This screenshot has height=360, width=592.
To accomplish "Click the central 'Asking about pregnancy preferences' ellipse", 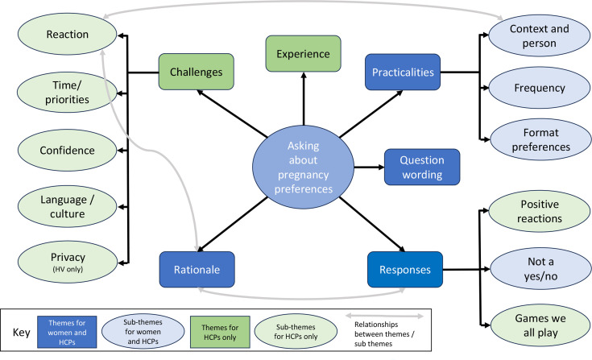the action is (x=303, y=167).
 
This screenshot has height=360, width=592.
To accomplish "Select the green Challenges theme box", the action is (x=196, y=72).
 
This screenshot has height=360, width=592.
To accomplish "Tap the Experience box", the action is (x=303, y=54).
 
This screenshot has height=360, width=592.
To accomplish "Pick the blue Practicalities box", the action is (x=403, y=72).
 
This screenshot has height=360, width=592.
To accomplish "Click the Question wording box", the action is (x=422, y=167).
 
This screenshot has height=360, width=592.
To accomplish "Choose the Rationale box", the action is (x=197, y=270).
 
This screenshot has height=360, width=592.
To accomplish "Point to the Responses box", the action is (x=405, y=270).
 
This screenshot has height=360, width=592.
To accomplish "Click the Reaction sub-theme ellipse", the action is (x=67, y=34).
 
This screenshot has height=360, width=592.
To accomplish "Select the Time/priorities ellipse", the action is (x=67, y=92).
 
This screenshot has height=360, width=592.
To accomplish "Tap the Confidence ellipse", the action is (x=67, y=150).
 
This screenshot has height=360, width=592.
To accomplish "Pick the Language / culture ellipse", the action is (x=67, y=206).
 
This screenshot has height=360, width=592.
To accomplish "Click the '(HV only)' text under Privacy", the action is (x=68, y=269).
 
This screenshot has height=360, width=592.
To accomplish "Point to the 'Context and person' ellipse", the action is (x=539, y=35).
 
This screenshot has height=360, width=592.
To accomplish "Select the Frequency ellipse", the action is (x=539, y=88).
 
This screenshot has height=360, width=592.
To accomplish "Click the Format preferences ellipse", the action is (x=540, y=139).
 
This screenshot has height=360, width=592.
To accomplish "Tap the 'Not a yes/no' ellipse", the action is (x=540, y=268).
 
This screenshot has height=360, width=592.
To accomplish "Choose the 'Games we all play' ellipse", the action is (x=540, y=325).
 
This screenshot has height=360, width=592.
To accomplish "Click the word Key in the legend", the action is (x=21, y=333).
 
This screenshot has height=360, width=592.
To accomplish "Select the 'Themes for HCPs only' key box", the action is (x=220, y=332).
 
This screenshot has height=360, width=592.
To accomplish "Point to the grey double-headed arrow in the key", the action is (x=385, y=316).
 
